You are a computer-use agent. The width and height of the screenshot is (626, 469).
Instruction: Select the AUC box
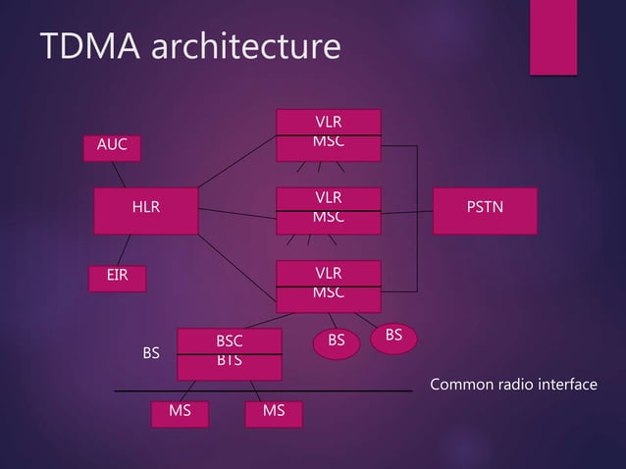pos(112,146)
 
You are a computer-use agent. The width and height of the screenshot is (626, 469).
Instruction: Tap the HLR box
pos(145,209)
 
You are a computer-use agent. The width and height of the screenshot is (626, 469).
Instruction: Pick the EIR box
pos(117,278)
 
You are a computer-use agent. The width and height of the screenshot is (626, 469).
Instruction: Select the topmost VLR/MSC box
pos(328,134)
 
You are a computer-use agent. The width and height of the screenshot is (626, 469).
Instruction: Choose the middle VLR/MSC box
pos(328,208)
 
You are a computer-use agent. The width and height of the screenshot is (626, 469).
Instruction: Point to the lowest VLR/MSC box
pos(328,285)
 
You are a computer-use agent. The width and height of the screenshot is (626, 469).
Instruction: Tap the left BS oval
pos(337,342)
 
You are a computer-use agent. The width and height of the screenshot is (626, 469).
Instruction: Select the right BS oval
pos(393,337)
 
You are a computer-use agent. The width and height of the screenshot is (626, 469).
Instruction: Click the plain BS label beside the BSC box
pos(151,352)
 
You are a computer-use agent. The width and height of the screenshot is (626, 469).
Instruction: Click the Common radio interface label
pos(513,384)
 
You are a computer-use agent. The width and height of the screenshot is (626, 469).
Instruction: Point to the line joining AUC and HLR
pos(118,174)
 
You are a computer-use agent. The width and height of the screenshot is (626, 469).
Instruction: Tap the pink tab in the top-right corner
pos(552,36)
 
